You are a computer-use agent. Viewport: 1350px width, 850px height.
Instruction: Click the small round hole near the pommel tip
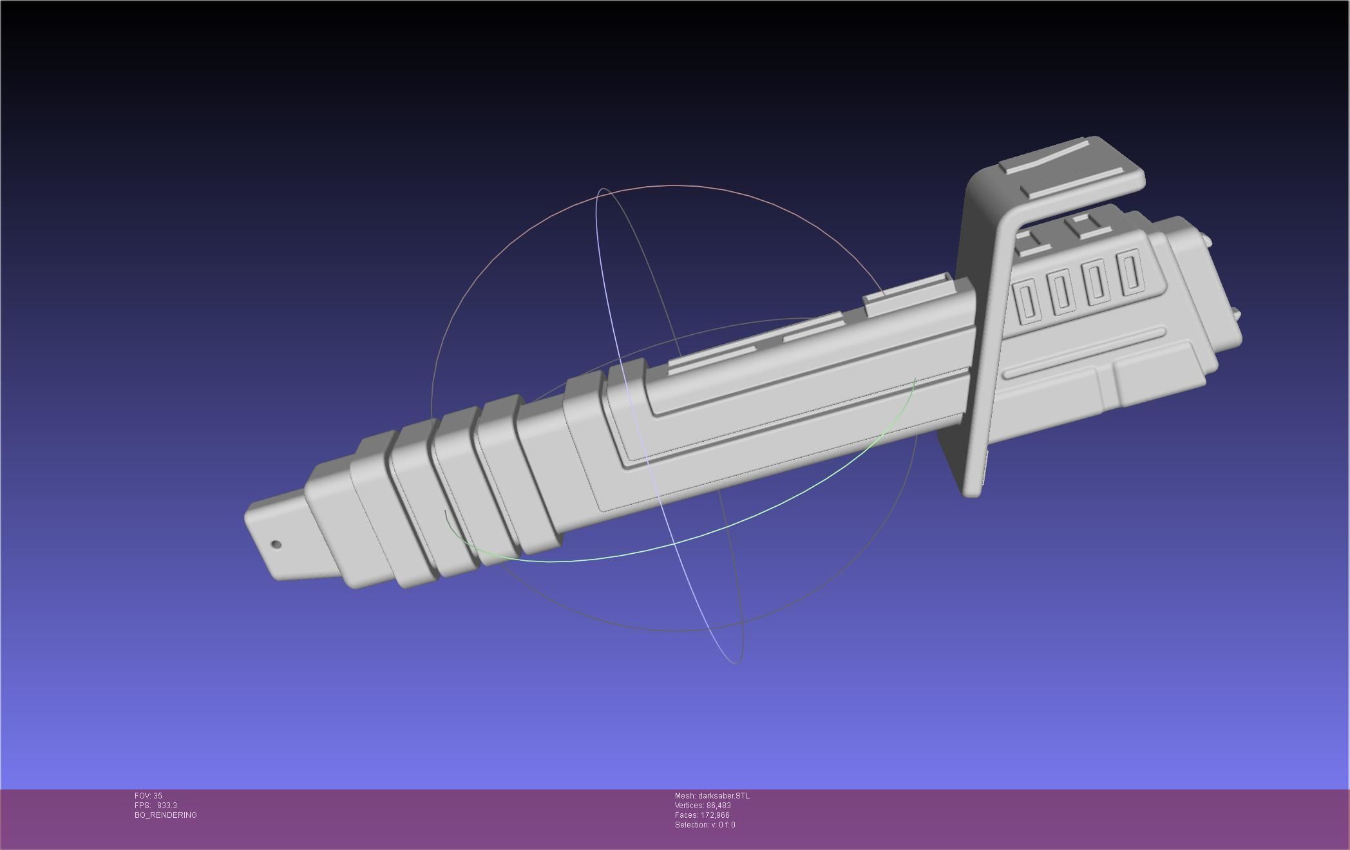click(276, 544)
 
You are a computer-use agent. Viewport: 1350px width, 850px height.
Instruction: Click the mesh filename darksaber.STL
click(712, 796)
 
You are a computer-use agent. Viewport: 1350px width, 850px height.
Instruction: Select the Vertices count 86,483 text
click(703, 806)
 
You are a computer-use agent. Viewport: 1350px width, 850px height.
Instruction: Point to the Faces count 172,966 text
click(702, 815)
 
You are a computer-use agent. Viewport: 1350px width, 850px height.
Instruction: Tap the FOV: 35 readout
click(148, 796)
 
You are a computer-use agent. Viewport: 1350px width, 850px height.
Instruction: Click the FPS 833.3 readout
click(155, 806)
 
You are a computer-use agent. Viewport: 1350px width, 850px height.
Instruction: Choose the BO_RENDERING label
click(166, 815)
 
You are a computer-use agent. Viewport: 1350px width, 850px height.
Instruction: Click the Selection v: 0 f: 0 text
click(705, 825)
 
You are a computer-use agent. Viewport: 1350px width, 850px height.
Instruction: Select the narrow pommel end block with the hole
click(277, 534)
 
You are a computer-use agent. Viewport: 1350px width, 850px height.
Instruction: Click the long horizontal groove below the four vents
click(1085, 353)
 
